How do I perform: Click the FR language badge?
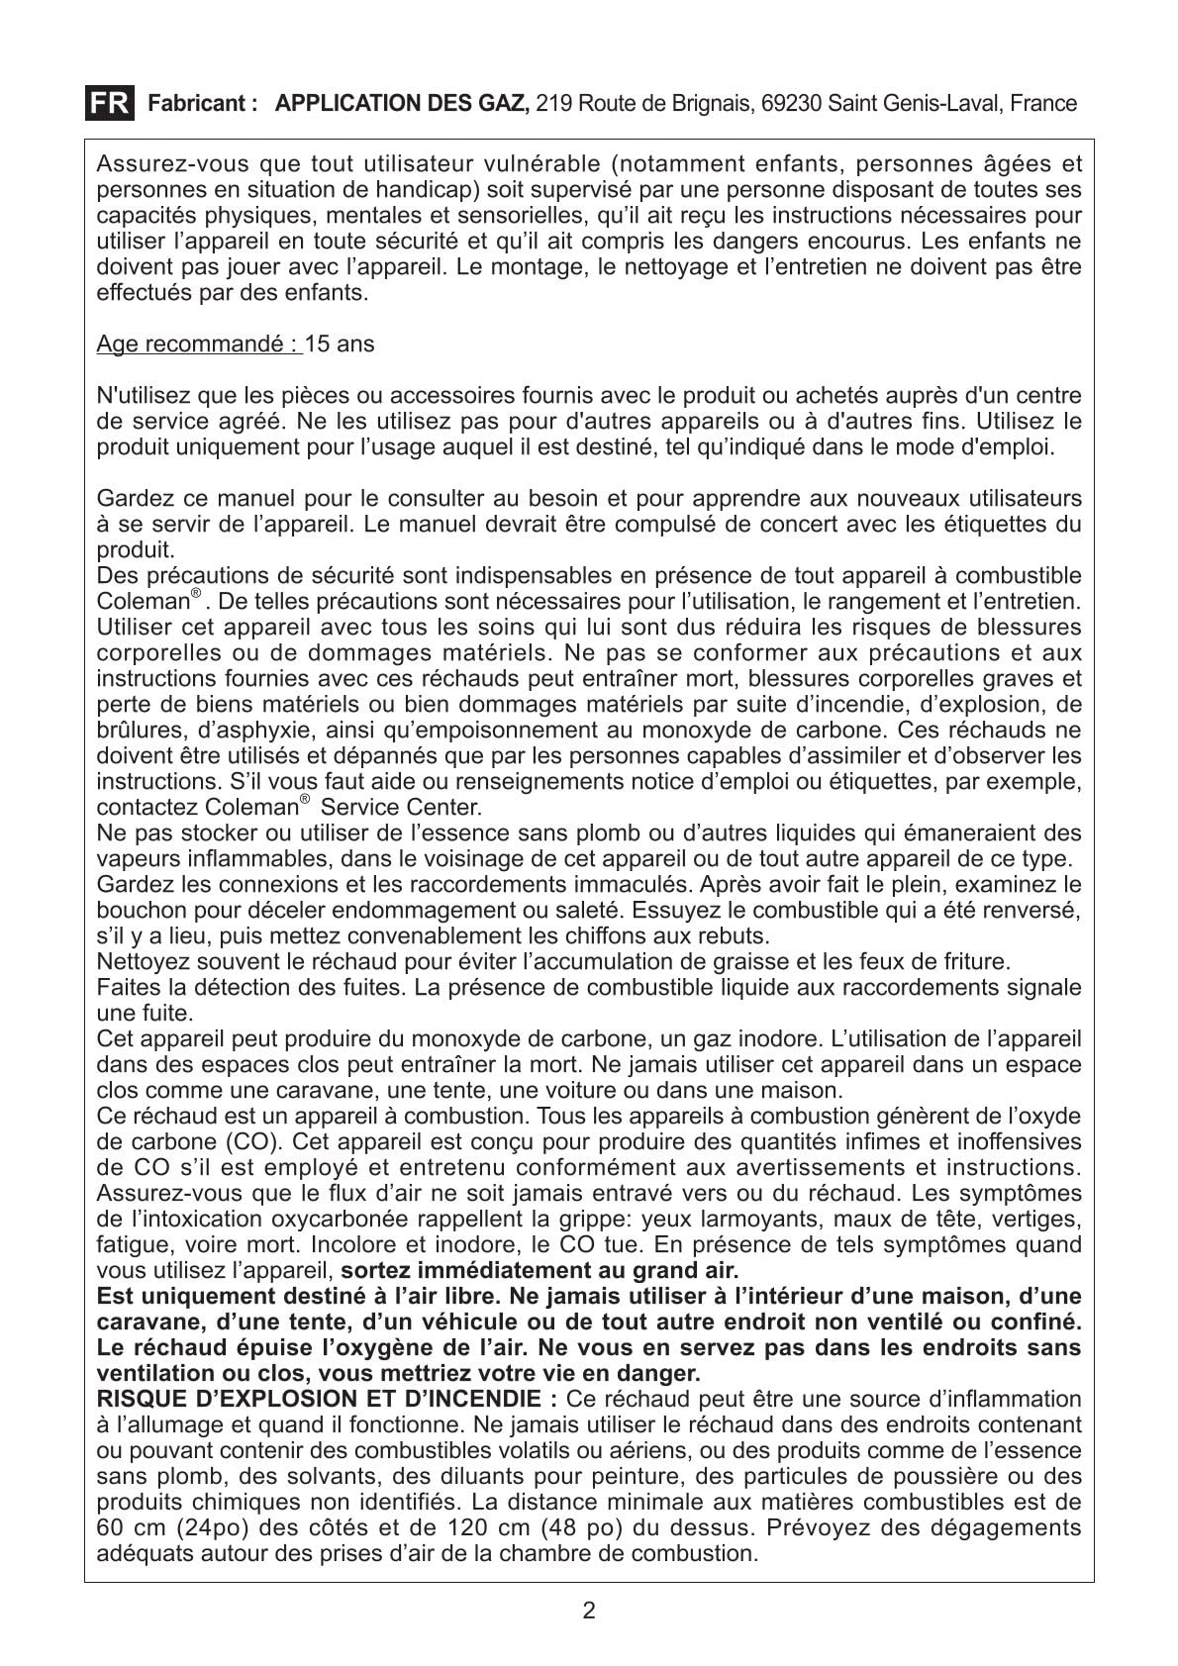[x=109, y=103]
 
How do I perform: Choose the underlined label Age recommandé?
[x=198, y=344]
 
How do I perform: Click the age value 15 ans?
[x=341, y=344]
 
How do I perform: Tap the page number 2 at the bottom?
[x=589, y=1611]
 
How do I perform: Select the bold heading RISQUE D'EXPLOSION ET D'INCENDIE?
[x=327, y=1399]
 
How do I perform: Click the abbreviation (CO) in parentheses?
[x=251, y=1141]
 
